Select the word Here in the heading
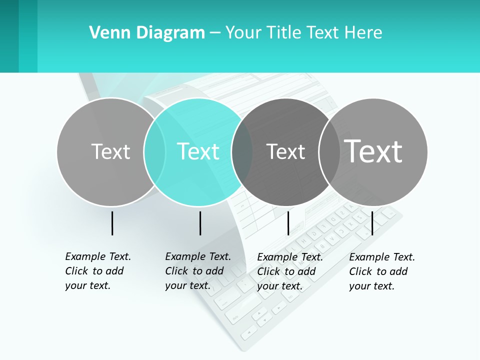tap(364, 32)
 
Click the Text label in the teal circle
tap(198, 151)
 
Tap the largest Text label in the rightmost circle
tap(373, 151)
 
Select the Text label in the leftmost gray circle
tap(110, 151)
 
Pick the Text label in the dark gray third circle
tap(285, 151)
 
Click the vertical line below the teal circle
tap(200, 223)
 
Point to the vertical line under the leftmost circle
tap(112, 223)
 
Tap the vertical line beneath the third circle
tap(288, 223)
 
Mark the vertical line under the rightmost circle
tap(372, 223)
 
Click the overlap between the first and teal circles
tap(154, 151)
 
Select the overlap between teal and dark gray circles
tap(242, 151)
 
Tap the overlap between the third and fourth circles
tap(329, 151)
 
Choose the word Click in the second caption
tap(177, 271)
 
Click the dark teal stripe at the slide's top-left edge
tap(9, 36)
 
